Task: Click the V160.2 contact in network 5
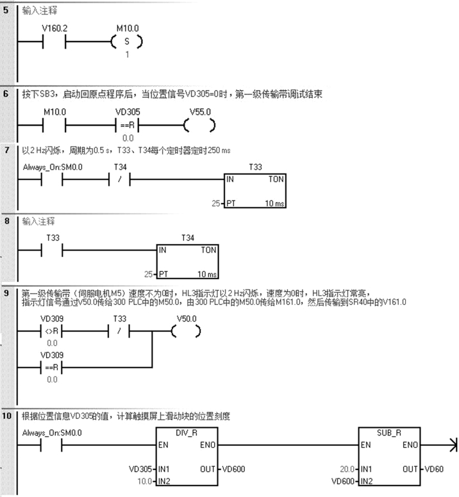(53, 43)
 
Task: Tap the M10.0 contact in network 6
(53, 125)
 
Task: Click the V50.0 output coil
(186, 331)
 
